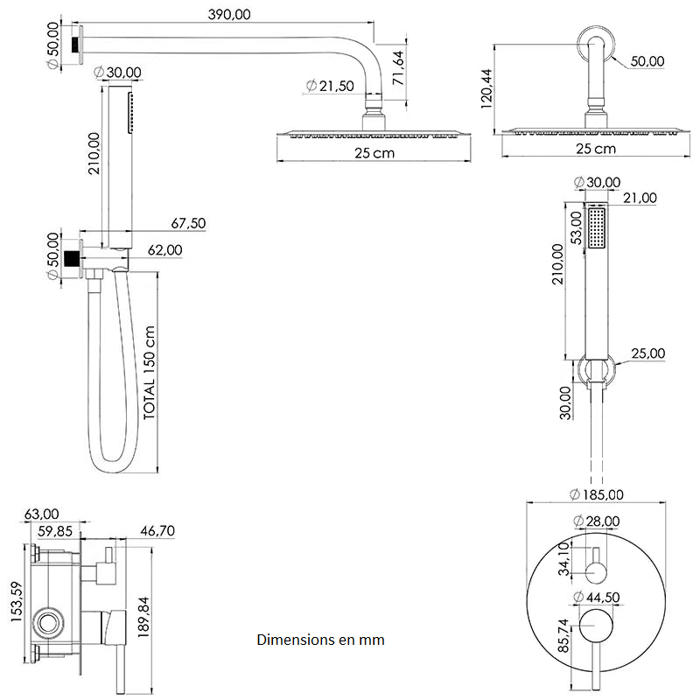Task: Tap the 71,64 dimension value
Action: pos(399,67)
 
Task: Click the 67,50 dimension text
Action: pos(188,224)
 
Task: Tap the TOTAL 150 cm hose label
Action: pos(150,373)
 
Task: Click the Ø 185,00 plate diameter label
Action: pos(596,494)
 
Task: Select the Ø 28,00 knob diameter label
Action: pos(597,521)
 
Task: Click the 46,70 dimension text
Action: pos(158,530)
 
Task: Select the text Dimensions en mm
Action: pos(320,640)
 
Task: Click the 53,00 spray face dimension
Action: pos(576,227)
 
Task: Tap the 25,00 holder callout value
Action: pos(648,353)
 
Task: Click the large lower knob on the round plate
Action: pos(596,627)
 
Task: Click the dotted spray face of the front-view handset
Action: pos(598,227)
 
